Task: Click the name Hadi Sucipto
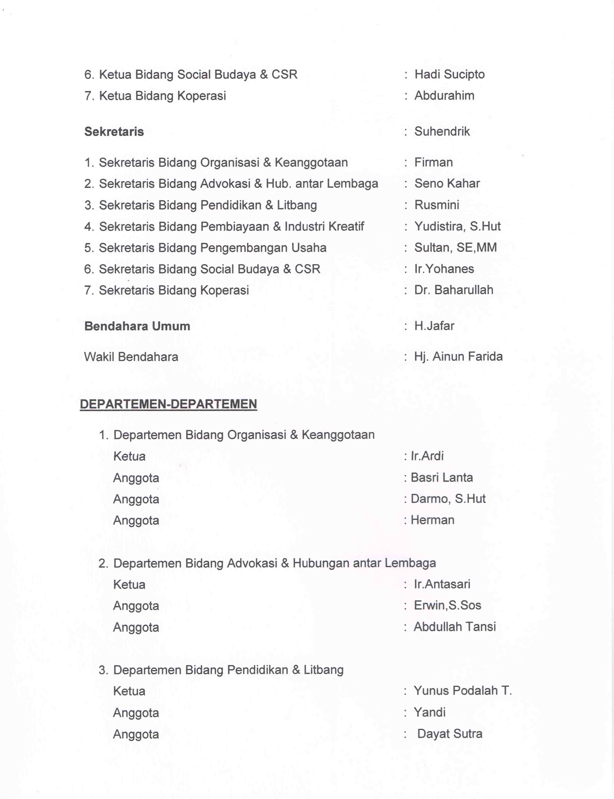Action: (449, 75)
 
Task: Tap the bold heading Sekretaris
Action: (114, 132)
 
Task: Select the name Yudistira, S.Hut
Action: (457, 226)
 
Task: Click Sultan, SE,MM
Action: (455, 248)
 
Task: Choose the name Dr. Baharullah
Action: (453, 290)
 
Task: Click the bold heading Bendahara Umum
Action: (137, 326)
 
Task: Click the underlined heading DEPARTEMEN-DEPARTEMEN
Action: (168, 404)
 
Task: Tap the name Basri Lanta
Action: (442, 477)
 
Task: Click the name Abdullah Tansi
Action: (455, 627)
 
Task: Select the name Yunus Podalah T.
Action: (462, 691)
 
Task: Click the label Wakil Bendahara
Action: (131, 357)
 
